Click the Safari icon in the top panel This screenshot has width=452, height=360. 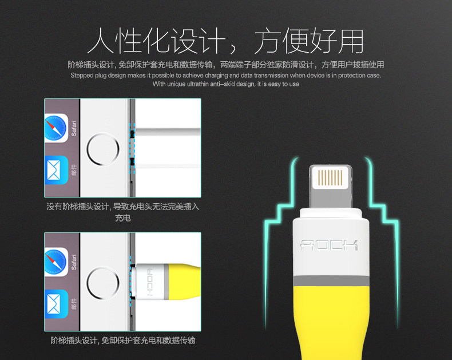(x=56, y=128)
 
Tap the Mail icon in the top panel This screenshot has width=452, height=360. (x=56, y=170)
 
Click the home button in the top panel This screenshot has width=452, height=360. (x=103, y=149)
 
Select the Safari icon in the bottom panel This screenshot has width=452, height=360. (x=56, y=262)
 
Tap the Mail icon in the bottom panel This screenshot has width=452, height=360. (x=56, y=304)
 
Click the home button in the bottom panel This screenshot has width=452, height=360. (x=103, y=283)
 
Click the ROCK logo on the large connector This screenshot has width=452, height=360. (x=329, y=245)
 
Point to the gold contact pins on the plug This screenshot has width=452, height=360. (x=330, y=177)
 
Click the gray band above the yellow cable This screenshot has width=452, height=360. (x=331, y=280)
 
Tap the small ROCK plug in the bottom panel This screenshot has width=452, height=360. (x=150, y=282)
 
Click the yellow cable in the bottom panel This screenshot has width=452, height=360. (x=184, y=282)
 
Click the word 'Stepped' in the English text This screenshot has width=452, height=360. (x=81, y=76)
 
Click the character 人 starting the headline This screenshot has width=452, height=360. (x=101, y=41)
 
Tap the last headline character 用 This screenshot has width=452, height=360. (x=351, y=41)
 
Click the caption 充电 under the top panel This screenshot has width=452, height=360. (x=123, y=218)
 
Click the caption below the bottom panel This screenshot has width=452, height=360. (x=123, y=341)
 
